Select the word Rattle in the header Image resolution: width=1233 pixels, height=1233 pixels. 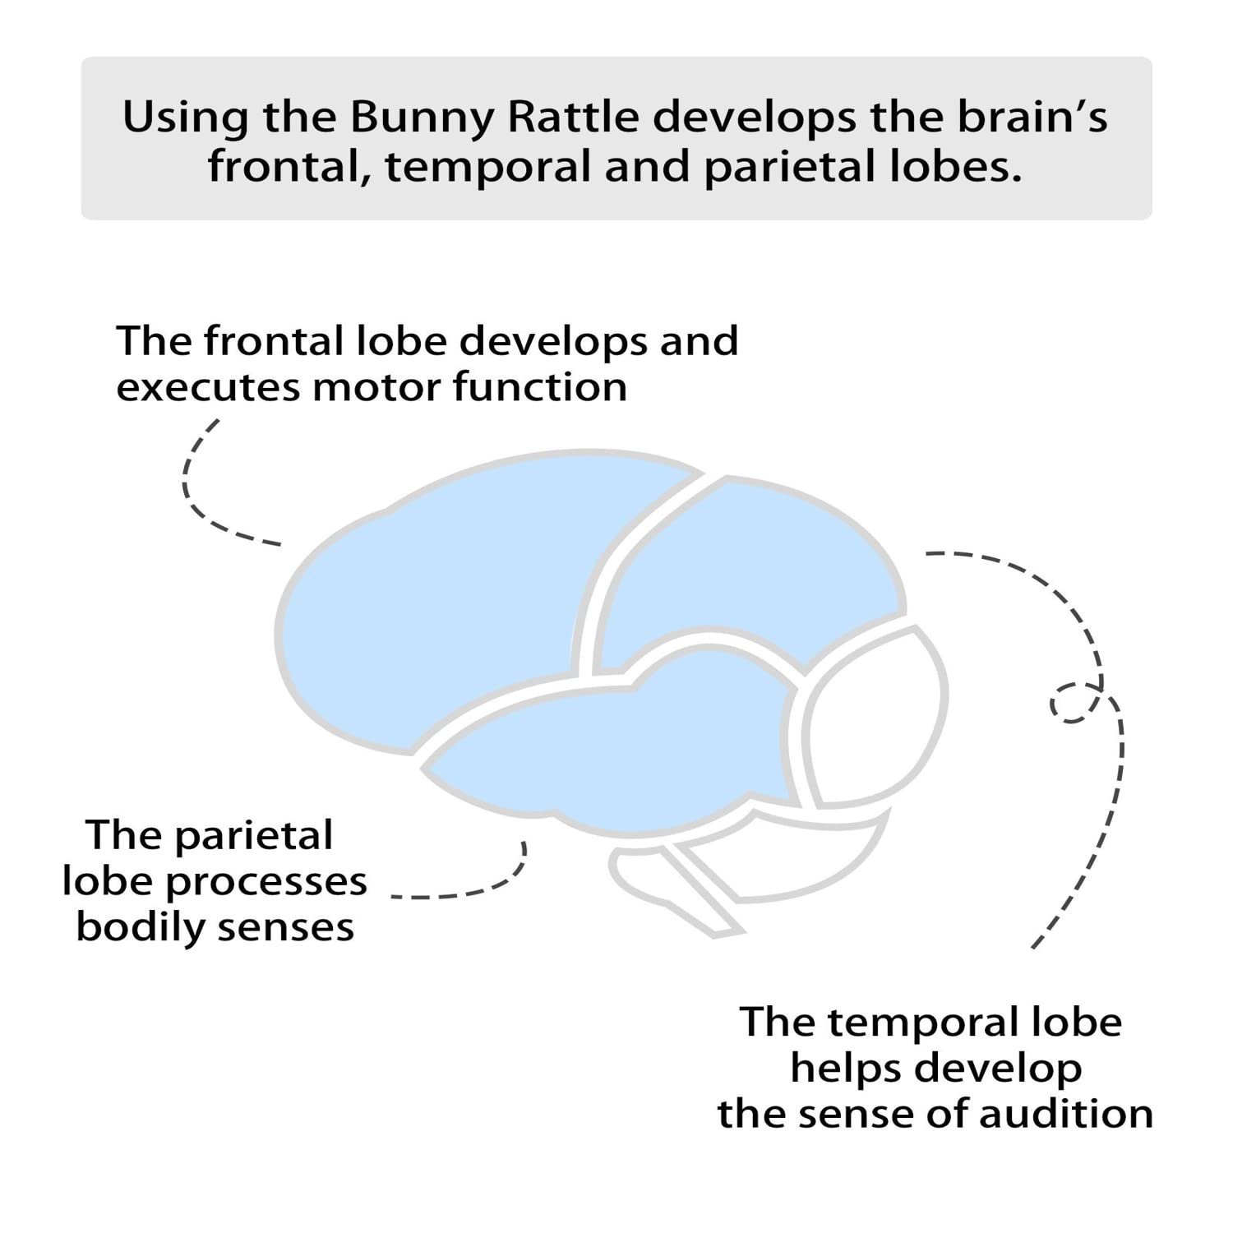(573, 118)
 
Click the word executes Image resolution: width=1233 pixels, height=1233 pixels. (207, 387)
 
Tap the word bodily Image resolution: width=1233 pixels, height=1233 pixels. (140, 927)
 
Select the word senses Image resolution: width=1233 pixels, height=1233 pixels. (286, 927)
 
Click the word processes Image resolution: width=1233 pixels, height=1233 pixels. (266, 882)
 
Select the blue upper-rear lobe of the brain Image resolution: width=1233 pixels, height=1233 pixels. (740, 567)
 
